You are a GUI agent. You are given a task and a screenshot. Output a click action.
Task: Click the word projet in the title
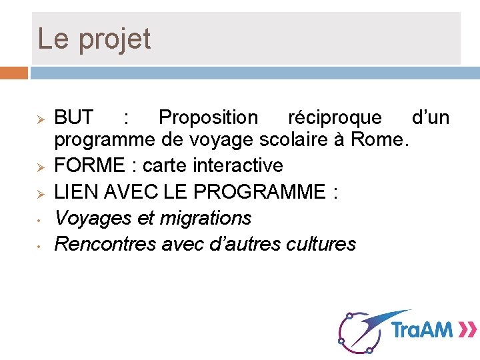click(115, 39)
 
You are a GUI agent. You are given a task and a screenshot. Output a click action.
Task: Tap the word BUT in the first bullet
click(73, 118)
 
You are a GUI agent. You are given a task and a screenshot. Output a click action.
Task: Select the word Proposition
click(208, 118)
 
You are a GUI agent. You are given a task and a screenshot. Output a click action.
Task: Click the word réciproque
click(335, 118)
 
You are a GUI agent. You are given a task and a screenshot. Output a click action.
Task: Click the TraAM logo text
click(422, 329)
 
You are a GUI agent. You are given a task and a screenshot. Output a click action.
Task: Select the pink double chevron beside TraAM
click(467, 329)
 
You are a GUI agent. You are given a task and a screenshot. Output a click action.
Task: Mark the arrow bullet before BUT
click(40, 119)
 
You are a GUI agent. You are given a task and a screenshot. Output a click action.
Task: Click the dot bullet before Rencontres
click(40, 245)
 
